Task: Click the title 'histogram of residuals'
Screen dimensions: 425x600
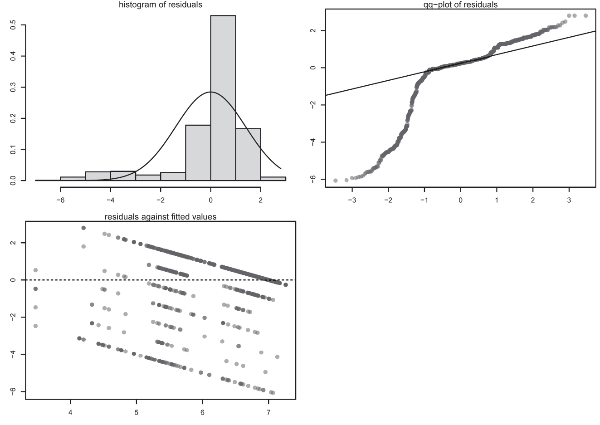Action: [x=161, y=5]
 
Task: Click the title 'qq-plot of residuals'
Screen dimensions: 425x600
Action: [x=460, y=5]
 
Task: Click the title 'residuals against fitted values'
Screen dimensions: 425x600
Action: [x=161, y=217]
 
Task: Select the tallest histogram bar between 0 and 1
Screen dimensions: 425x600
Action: [x=223, y=98]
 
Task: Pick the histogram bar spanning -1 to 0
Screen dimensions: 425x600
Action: [x=198, y=152]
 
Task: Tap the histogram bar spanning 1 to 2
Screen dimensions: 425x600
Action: [x=248, y=154]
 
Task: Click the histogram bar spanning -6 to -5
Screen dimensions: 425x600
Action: [x=73, y=179]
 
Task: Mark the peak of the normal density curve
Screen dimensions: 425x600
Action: [x=211, y=92]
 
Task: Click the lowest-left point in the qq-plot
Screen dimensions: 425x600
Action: [x=336, y=181]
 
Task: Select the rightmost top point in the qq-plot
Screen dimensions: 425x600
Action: [x=585, y=15]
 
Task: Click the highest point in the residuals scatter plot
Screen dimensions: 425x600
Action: [x=83, y=228]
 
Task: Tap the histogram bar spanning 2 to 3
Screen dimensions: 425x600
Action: [x=273, y=179]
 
